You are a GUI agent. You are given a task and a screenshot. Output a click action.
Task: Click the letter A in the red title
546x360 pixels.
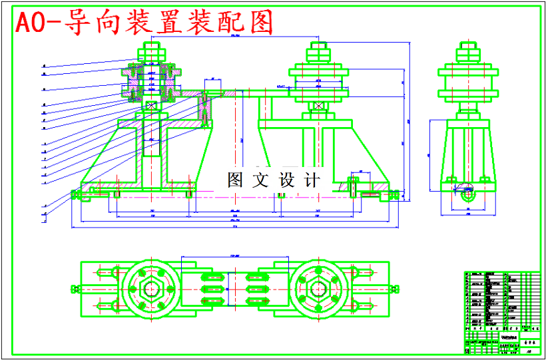(x=25, y=23)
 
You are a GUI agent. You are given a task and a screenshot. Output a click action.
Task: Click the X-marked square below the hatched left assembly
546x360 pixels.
(x=151, y=105)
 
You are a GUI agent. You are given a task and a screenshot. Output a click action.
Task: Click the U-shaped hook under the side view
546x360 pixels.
(x=467, y=194)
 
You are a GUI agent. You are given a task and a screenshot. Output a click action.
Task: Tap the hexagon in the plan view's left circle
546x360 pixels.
(x=152, y=289)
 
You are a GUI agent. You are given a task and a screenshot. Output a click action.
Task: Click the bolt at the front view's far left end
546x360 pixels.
(x=75, y=194)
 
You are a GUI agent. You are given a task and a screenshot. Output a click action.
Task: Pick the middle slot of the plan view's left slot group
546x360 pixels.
(x=212, y=289)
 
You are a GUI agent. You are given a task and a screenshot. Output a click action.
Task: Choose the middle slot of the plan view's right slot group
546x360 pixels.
(x=258, y=289)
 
